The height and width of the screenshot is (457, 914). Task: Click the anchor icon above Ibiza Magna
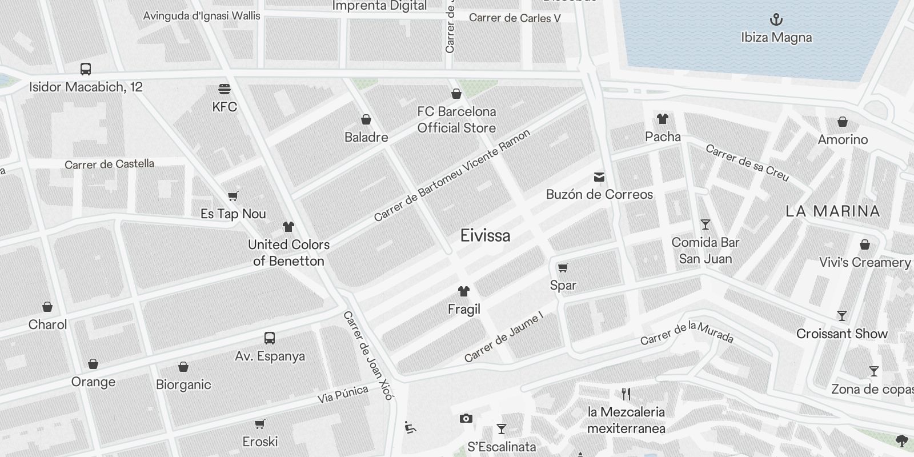[776, 20]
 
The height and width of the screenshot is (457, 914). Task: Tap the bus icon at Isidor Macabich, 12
[86, 69]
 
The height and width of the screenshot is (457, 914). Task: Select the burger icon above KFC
[225, 89]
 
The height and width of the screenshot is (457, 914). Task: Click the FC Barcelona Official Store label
[456, 119]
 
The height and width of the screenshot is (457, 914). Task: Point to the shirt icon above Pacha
[663, 119]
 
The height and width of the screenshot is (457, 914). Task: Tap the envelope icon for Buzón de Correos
[599, 177]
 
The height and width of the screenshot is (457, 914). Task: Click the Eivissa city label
[485, 235]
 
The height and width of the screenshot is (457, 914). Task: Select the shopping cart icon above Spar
[563, 267]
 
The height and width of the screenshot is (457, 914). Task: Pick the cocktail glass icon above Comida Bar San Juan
[705, 225]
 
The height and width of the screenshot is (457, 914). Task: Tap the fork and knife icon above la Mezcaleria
[626, 394]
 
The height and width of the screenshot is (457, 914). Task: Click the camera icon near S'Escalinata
[466, 419]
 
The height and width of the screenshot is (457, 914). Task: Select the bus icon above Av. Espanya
[270, 338]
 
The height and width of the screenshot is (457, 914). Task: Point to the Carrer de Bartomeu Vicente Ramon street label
[452, 175]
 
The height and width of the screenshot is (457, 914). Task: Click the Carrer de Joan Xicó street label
[368, 355]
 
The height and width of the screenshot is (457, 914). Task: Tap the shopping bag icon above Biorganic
[183, 367]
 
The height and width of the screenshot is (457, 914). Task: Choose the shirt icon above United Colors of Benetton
[288, 227]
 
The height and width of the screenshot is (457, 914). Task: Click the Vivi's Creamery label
[865, 262]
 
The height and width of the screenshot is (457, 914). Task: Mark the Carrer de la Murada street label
[687, 332]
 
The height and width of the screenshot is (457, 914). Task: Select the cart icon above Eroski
[260, 424]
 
